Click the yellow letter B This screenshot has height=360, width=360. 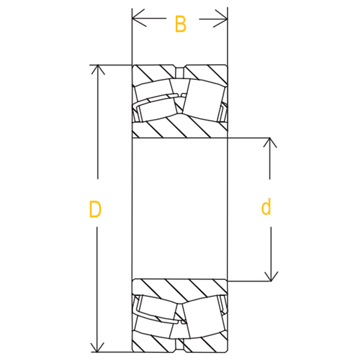(x=180, y=24)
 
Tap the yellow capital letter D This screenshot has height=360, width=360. (x=95, y=209)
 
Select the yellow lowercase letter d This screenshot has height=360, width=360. (x=266, y=207)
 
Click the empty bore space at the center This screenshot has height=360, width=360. (x=180, y=208)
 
